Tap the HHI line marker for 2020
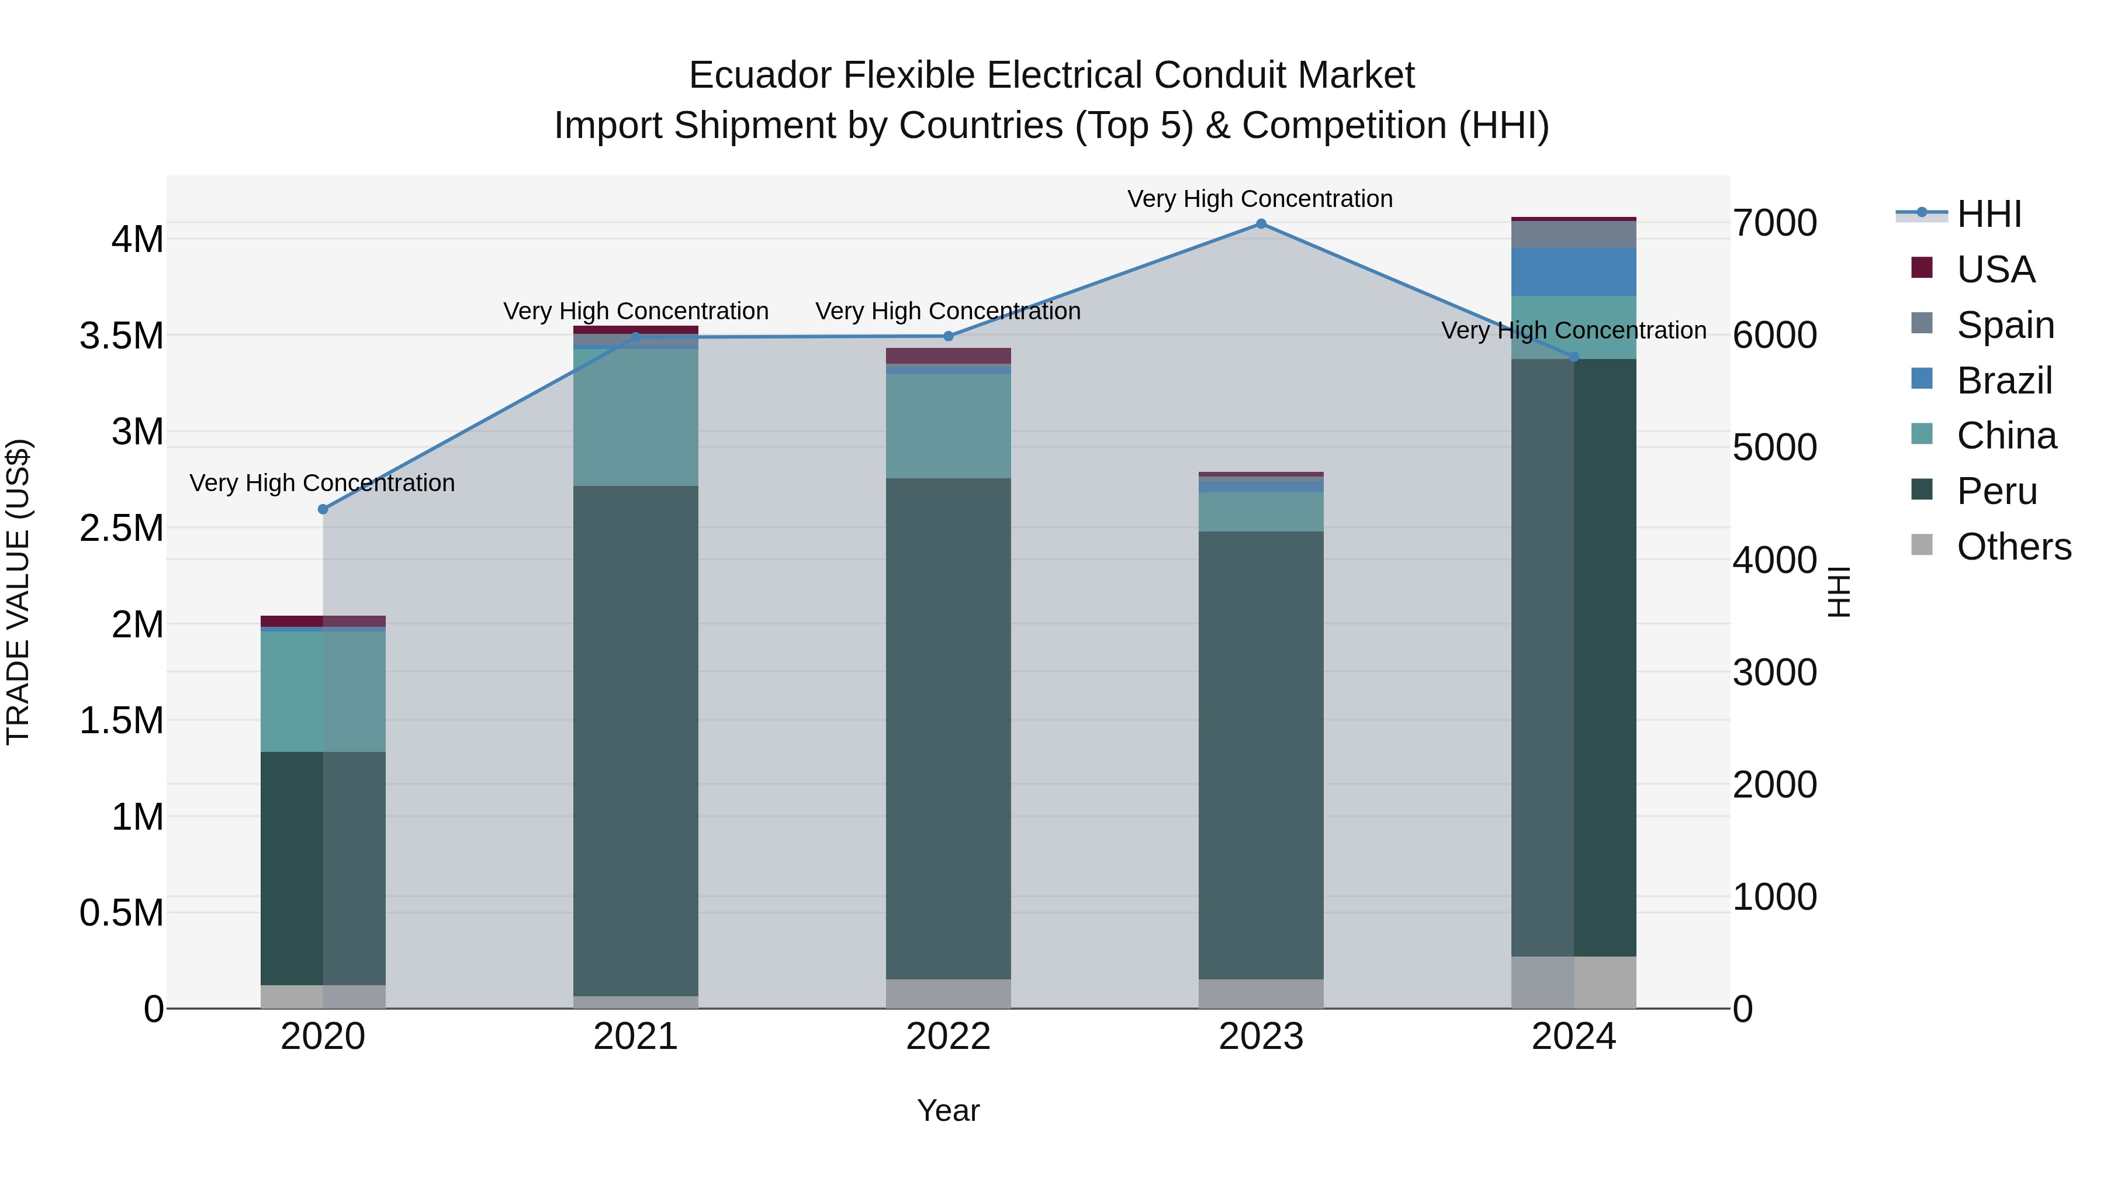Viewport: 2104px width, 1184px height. pos(323,509)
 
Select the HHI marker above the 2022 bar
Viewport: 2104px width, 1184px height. pos(949,336)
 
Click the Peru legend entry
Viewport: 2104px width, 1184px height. pos(1996,492)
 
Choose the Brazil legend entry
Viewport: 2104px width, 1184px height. pos(2003,381)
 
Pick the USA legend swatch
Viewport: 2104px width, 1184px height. pos(1922,268)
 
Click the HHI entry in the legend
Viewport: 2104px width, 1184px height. pos(1989,214)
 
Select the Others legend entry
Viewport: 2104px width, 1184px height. pos(2013,547)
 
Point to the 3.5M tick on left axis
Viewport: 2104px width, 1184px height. pos(122,336)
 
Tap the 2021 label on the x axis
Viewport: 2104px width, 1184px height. pos(635,1037)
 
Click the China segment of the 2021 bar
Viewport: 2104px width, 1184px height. pos(635,417)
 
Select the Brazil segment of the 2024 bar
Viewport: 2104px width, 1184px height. pos(1573,272)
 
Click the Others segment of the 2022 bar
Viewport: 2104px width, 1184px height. pos(949,993)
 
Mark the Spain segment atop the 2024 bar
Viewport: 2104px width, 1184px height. pos(1573,234)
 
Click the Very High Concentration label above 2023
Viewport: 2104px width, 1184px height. pos(1259,199)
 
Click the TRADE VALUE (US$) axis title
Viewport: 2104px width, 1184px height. pos(18,592)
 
